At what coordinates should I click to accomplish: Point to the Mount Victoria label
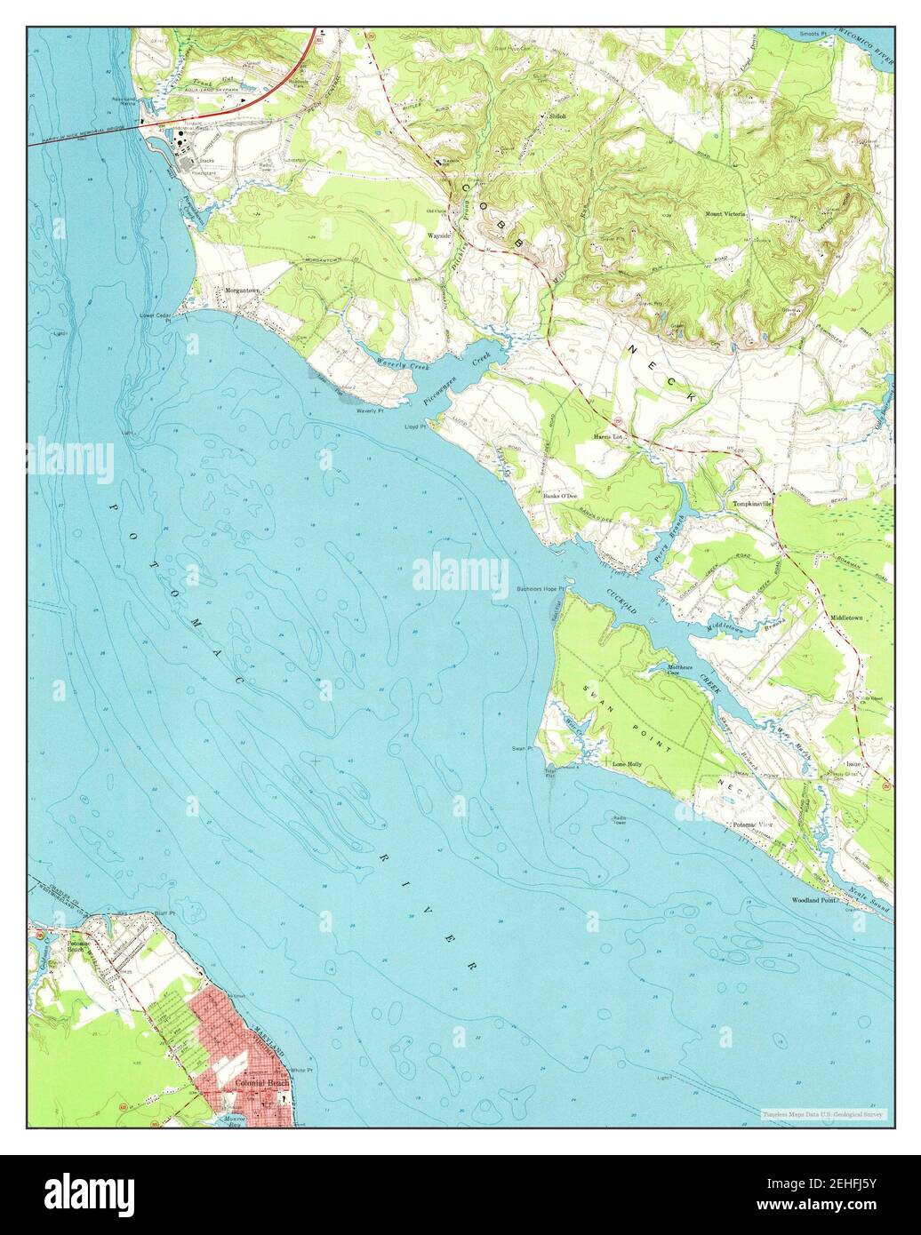(725, 214)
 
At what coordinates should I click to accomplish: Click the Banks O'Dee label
(561, 496)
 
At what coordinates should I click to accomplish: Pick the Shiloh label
(557, 116)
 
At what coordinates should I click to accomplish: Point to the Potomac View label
(752, 825)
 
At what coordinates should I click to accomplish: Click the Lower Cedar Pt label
(155, 315)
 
